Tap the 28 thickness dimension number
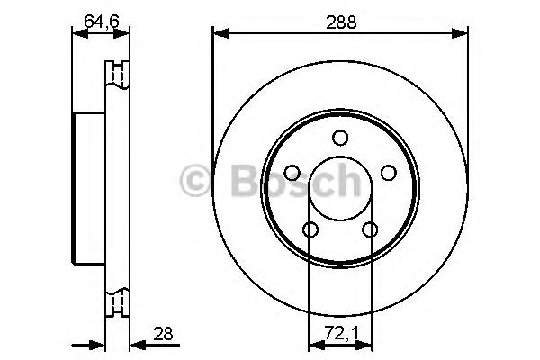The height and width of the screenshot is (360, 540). point(162,334)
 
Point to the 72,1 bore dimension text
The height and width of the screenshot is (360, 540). point(339,334)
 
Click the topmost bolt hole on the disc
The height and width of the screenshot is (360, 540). point(339,138)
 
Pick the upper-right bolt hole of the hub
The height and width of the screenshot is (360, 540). point(388,173)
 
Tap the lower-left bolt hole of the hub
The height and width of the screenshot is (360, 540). point(310,230)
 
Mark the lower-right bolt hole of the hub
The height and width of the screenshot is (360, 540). point(369,230)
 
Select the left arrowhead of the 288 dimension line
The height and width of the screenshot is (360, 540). point(219,35)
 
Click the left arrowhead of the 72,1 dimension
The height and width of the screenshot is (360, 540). point(314,344)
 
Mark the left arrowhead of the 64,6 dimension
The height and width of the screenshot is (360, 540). point(77,35)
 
